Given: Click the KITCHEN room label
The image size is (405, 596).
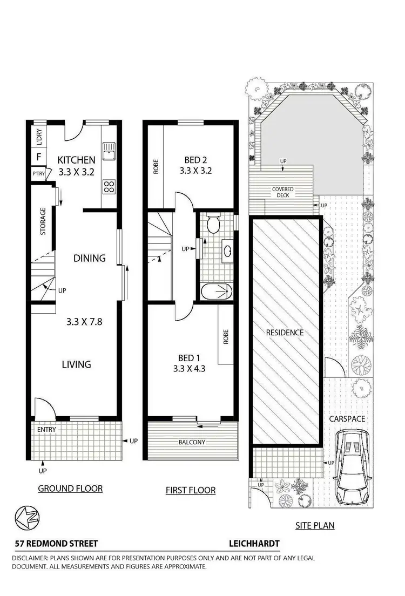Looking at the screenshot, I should [x=76, y=160].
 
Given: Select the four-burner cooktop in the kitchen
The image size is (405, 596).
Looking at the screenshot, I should [x=109, y=186].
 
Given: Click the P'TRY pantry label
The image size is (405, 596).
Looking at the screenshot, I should [x=38, y=174].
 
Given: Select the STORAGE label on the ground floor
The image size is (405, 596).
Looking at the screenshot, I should [x=43, y=222].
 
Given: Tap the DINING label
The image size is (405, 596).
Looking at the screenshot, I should [x=89, y=258].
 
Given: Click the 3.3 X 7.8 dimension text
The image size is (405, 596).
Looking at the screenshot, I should [x=84, y=322].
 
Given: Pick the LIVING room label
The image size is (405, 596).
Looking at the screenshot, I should [x=76, y=364].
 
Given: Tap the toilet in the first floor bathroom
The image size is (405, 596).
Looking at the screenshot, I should [x=214, y=222].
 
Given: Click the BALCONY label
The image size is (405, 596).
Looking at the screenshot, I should [x=192, y=442].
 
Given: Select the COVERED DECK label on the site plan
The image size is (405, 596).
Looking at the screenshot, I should [x=282, y=192].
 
